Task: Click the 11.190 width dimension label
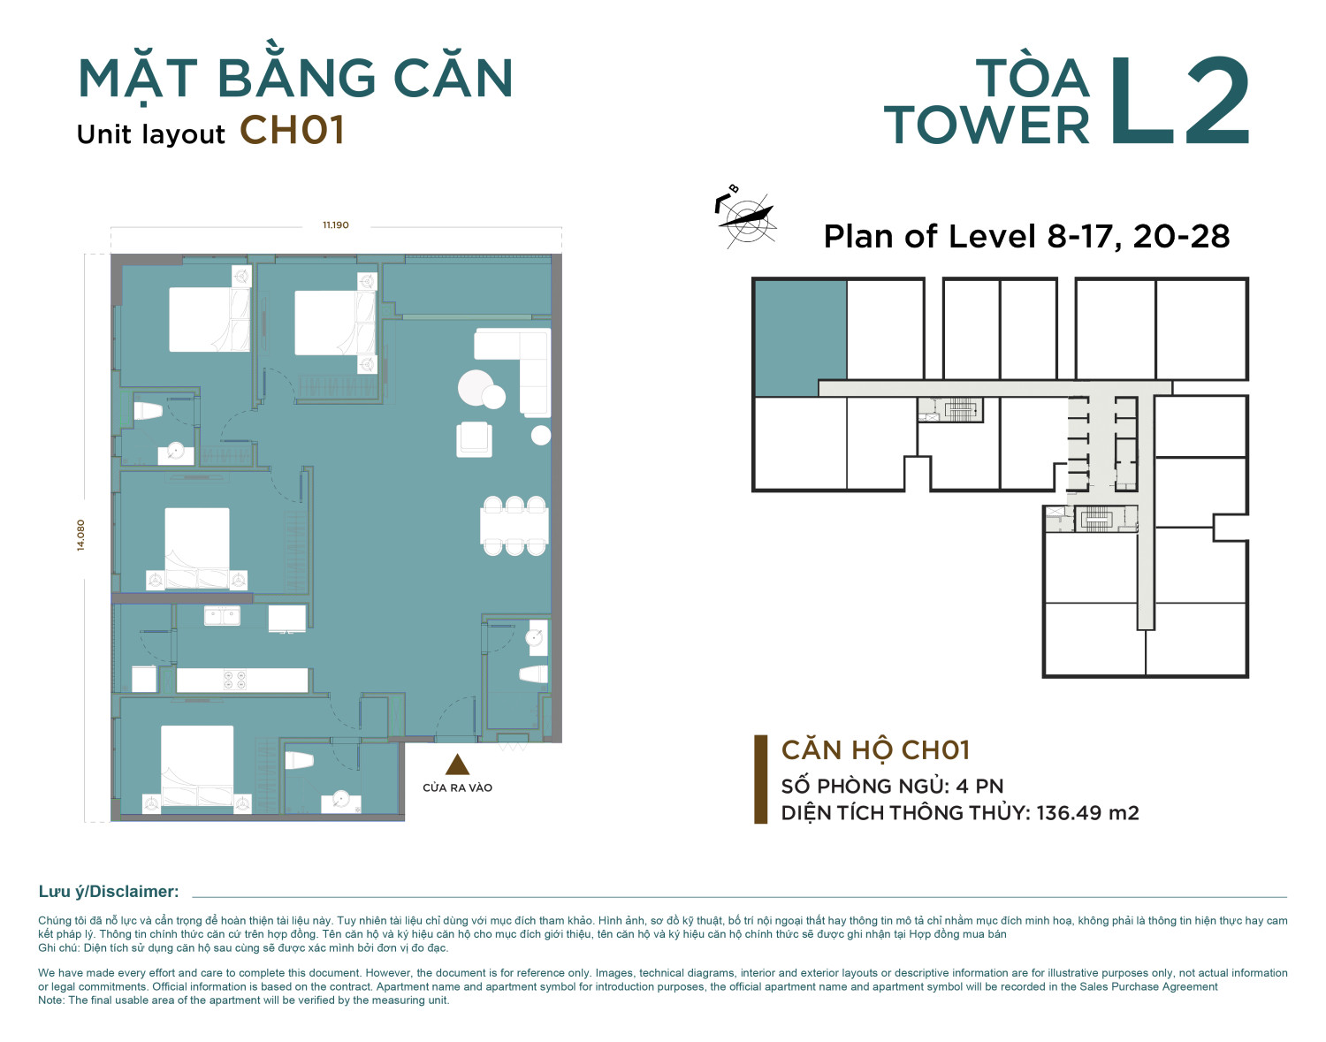336,225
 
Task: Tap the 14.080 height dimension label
80,535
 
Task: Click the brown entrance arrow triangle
457,764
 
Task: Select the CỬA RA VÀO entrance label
457,787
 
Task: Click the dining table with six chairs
514,526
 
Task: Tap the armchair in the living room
474,439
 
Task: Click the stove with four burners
234,681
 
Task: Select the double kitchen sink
222,616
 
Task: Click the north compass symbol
745,217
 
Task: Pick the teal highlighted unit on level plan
800,338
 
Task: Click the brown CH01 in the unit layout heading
293,131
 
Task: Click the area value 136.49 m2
1086,812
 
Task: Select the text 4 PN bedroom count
979,786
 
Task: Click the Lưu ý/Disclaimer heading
109,892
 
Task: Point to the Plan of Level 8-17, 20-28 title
1026,237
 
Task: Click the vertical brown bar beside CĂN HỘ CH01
760,779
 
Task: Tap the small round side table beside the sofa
541,435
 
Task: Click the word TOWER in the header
987,125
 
